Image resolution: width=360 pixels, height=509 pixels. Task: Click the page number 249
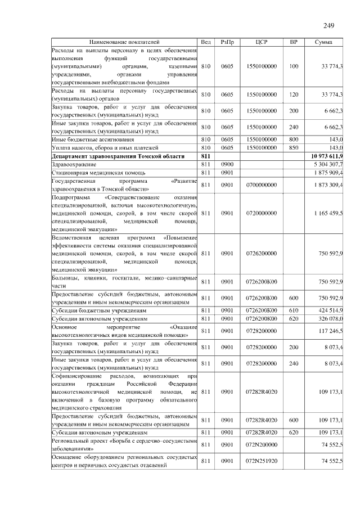tap(329, 25)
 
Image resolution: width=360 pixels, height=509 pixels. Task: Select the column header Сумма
tap(323, 42)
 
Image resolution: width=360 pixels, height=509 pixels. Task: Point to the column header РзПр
tap(227, 42)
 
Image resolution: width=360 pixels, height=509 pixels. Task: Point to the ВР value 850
tap(293, 147)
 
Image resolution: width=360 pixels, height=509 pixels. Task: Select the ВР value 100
tap(293, 66)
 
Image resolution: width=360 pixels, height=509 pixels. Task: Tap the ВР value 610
tap(293, 310)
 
